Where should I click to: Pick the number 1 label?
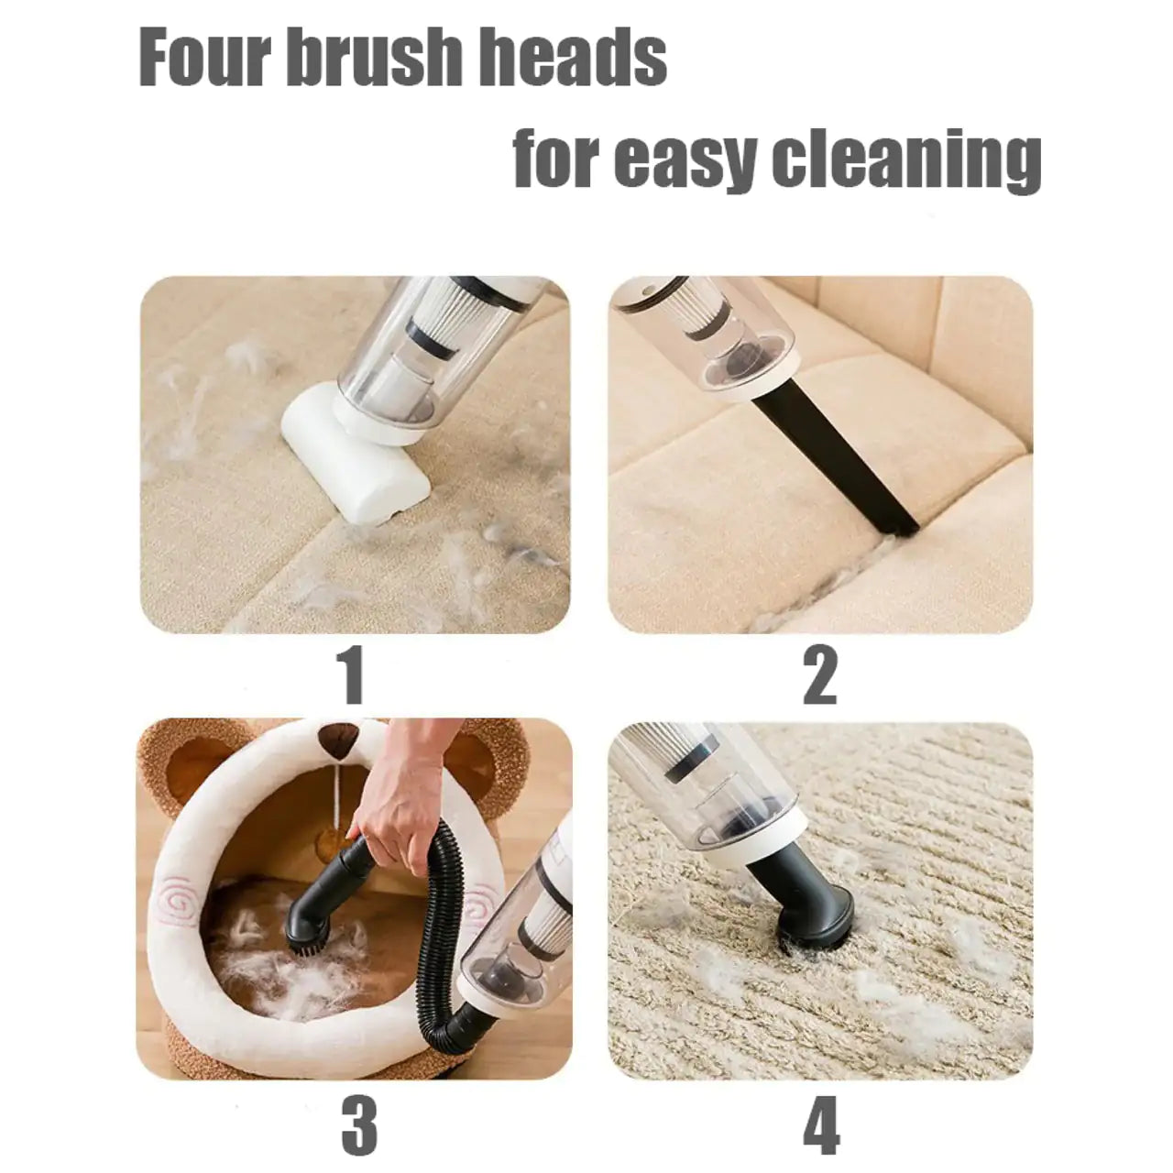(x=353, y=676)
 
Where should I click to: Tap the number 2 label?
(x=819, y=676)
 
